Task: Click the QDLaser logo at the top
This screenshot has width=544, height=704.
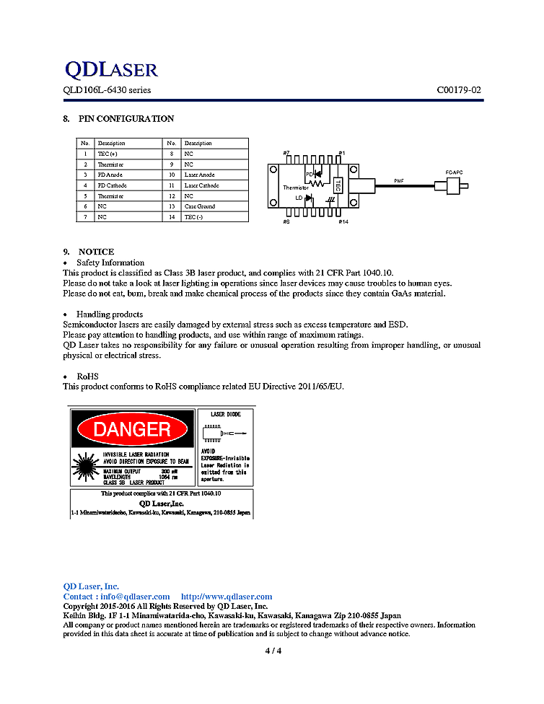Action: pos(110,69)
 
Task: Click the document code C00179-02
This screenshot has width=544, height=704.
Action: pos(459,90)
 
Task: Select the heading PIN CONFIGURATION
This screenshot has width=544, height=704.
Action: pos(126,118)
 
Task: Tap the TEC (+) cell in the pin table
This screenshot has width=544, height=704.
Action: pos(108,154)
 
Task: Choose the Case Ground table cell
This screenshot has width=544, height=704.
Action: pos(200,206)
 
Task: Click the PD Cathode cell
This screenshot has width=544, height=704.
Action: pos(113,185)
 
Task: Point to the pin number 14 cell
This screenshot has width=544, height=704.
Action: pos(171,217)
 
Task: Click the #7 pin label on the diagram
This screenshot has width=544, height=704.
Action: pos(286,154)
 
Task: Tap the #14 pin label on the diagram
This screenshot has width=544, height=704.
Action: pos(343,221)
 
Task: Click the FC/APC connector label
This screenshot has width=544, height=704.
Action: pos(455,172)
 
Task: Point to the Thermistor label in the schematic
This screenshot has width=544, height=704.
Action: pos(295,188)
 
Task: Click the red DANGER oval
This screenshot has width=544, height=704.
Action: pos(133,430)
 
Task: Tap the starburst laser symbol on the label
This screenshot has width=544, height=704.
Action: pos(86,467)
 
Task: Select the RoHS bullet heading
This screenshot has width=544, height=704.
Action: pos(87,377)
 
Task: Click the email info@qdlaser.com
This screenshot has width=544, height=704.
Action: pos(135,597)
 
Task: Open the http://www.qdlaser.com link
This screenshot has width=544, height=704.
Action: pos(227,597)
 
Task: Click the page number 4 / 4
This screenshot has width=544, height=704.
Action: pos(273,651)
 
